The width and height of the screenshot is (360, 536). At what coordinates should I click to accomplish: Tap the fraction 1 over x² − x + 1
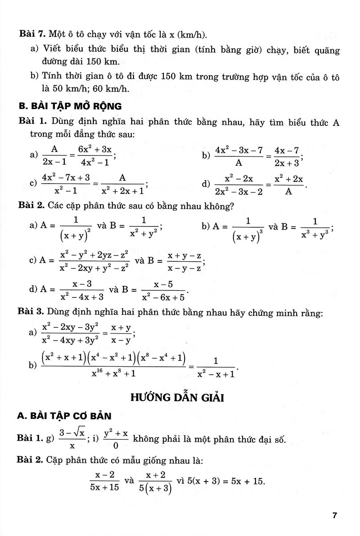pos(216,368)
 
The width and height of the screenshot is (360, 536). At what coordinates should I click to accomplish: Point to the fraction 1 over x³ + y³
pos(315,227)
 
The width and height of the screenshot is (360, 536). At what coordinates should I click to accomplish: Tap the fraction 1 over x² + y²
pos(144,227)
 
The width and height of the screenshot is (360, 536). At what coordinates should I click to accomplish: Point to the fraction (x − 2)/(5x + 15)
pos(104,482)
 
